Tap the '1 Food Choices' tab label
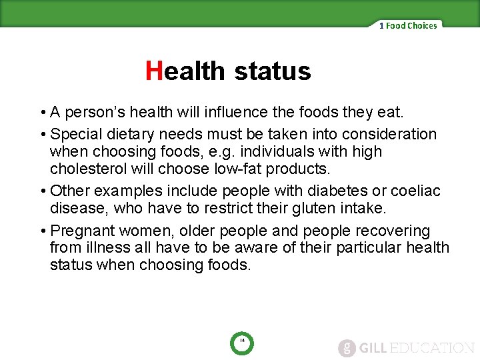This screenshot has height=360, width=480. pyautogui.click(x=408, y=26)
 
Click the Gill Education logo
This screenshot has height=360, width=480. pyautogui.click(x=406, y=347)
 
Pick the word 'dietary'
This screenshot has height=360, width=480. pyautogui.click(x=133, y=134)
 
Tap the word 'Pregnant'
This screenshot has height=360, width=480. pyautogui.click(x=82, y=231)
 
